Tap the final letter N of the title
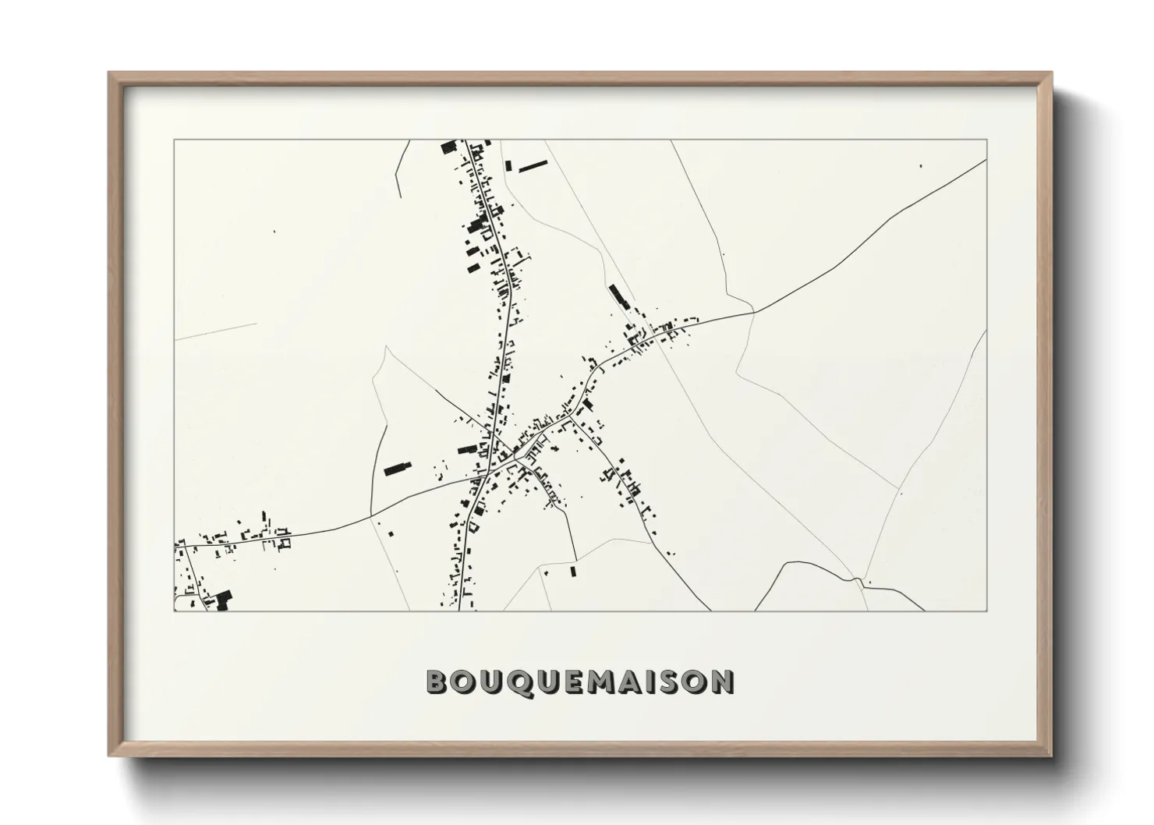[722, 682]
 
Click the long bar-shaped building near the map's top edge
[533, 165]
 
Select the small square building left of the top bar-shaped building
[508, 166]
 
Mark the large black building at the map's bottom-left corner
[223, 599]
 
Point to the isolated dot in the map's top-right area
[921, 165]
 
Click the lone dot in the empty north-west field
[274, 232]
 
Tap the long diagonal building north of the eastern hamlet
[618, 296]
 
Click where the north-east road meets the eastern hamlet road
[754, 312]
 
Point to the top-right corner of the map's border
[986, 140]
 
